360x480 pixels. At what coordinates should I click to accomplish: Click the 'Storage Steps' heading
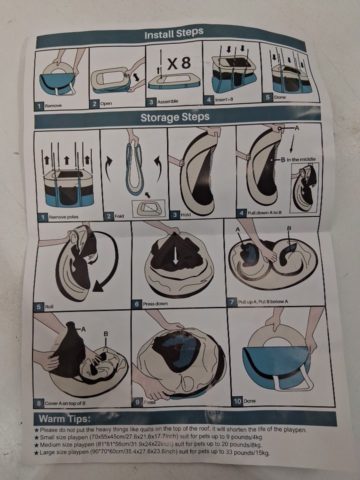coord(175,117)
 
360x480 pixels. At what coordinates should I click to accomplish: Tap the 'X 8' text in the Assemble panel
coord(179,63)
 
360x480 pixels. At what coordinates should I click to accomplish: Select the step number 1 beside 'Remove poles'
coord(43,217)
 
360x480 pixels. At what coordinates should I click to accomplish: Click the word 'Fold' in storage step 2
coord(119,216)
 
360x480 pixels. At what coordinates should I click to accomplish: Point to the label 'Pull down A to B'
coord(264,212)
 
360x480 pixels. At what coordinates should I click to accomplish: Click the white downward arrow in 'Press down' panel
coord(175,255)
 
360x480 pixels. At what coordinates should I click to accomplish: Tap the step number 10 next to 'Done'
coord(237,400)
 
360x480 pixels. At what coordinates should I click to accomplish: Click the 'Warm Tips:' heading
coord(64,418)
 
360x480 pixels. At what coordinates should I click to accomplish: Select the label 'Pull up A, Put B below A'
coord(263,301)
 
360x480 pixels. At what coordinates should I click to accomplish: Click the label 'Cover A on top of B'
coord(65,403)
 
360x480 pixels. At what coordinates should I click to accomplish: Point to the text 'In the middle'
coord(301,159)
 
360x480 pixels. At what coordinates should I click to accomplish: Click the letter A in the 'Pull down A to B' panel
coord(296,128)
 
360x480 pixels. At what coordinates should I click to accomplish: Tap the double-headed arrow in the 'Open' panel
coord(136,77)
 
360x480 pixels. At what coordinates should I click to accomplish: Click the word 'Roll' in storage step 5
coord(49,306)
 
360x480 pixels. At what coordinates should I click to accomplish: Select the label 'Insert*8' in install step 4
coord(224,99)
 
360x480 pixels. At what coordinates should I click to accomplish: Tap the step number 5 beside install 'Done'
coord(267,97)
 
